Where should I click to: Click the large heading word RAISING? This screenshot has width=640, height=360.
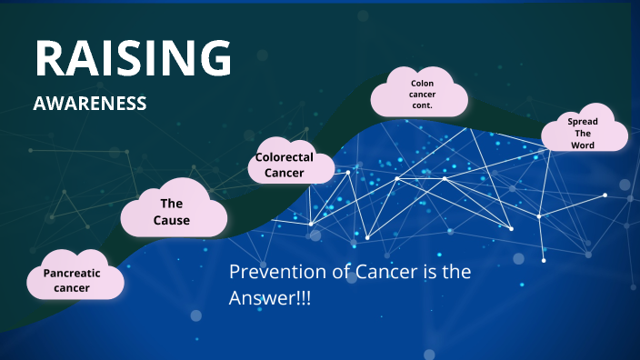pos(133,58)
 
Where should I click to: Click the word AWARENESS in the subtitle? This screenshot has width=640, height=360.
pos(90,104)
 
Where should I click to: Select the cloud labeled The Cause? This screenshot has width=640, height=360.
pos(174,212)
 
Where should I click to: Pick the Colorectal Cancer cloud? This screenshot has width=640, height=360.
pos(284,165)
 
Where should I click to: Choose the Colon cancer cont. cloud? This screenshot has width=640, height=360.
pos(420,93)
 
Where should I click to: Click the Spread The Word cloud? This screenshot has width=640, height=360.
pos(585,133)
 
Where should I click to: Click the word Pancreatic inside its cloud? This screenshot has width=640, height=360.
pos(72,272)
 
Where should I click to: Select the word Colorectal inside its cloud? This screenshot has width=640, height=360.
pos(284,157)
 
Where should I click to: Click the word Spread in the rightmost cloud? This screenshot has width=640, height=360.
pos(583,121)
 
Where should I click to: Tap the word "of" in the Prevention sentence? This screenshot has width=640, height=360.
pos(334,272)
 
